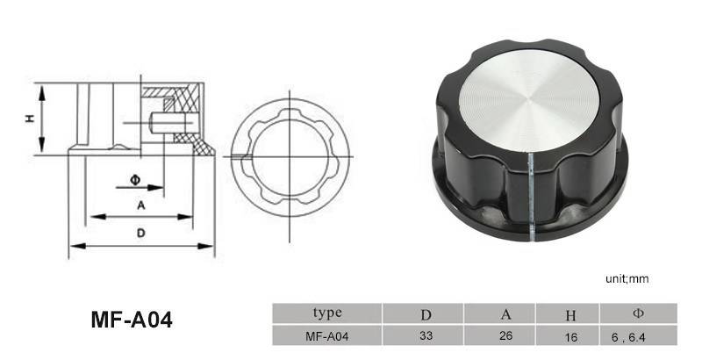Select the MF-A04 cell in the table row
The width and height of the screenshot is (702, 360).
328,335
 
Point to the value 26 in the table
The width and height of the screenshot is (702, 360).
506,335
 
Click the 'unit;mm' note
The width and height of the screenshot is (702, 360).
627,278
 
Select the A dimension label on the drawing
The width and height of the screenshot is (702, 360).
140,205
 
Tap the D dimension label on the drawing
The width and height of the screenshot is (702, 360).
140,233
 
